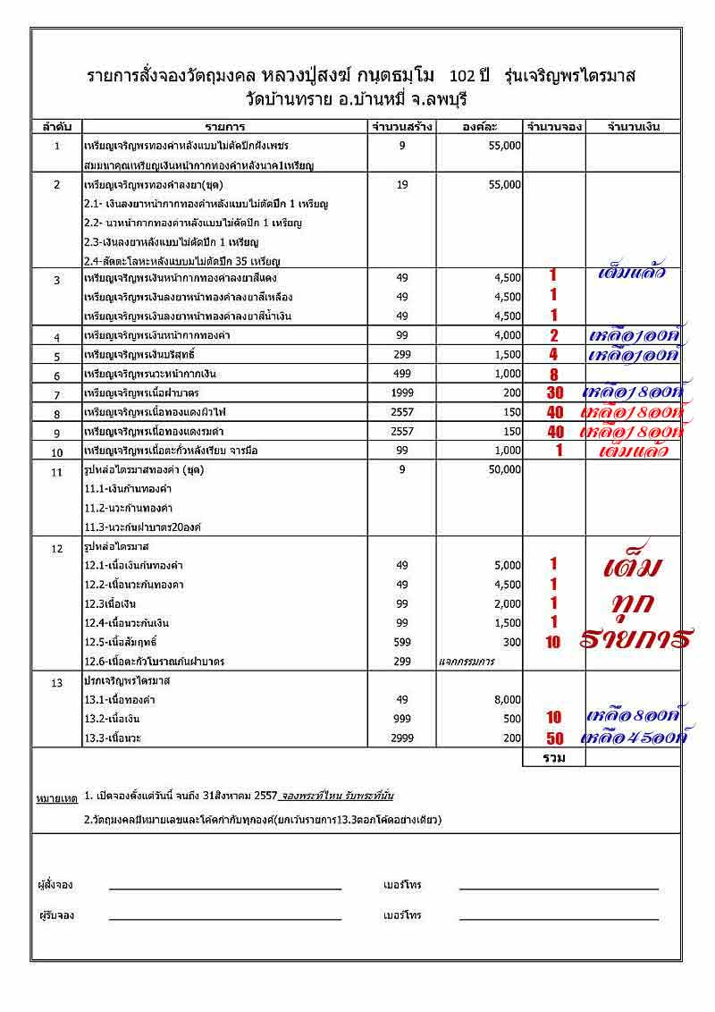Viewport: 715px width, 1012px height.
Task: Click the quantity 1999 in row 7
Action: click(402, 393)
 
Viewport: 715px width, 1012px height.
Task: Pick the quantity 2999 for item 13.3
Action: click(402, 738)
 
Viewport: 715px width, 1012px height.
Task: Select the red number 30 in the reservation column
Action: click(554, 393)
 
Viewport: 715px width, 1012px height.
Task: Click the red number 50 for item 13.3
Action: click(554, 738)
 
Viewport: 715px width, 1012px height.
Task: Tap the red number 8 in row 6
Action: click(554, 375)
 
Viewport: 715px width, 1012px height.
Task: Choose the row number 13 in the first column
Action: click(56, 682)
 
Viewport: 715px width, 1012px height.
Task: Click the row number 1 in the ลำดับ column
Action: click(56, 145)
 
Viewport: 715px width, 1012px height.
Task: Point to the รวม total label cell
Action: click(553, 756)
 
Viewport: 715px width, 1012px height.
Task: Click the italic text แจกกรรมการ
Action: click(466, 662)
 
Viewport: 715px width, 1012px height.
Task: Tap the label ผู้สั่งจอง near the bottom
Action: click(55, 885)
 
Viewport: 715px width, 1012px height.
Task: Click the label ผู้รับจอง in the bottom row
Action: click(55, 915)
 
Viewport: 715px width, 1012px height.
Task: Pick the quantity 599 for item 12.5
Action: click(402, 642)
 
